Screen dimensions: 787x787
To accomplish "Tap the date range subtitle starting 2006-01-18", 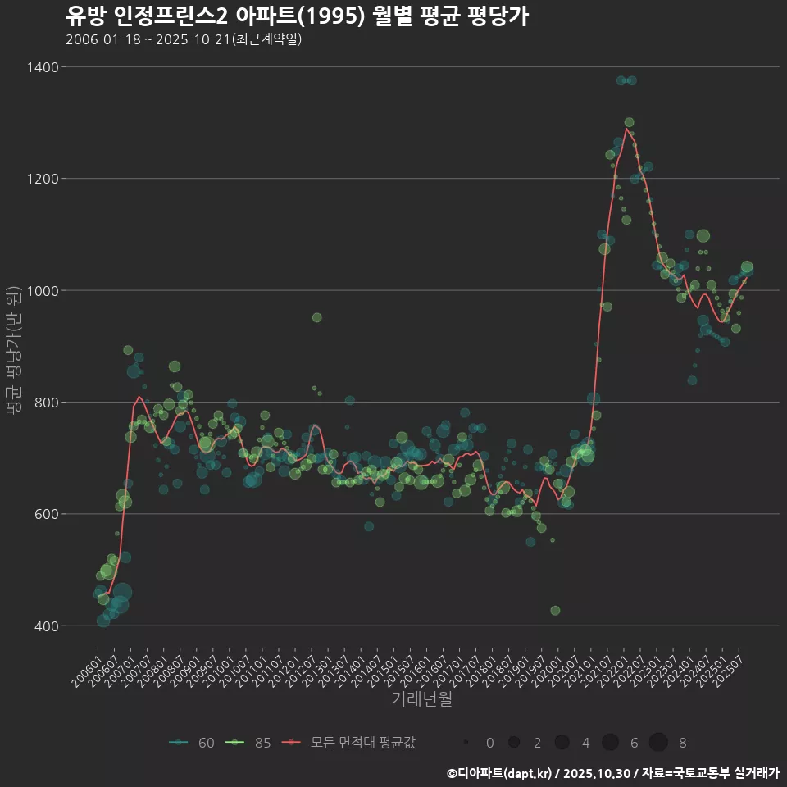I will pyautogui.click(x=184, y=39).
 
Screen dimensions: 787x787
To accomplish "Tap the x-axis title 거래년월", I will pyautogui.click(x=421, y=698).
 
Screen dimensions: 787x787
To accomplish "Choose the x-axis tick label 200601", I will pyautogui.click(x=87, y=667).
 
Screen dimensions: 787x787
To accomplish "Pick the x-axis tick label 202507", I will pyautogui.click(x=730, y=667).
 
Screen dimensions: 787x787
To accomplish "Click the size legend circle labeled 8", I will pyautogui.click(x=658, y=743).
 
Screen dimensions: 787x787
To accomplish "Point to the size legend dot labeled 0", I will pyautogui.click(x=465, y=743).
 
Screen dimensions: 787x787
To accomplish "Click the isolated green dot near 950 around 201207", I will pyautogui.click(x=317, y=317).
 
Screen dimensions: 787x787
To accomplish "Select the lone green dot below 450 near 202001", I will pyautogui.click(x=555, y=611).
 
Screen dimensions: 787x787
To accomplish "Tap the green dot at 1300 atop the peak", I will pyautogui.click(x=629, y=123).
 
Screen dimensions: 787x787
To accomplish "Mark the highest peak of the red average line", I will pyautogui.click(x=626, y=129).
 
